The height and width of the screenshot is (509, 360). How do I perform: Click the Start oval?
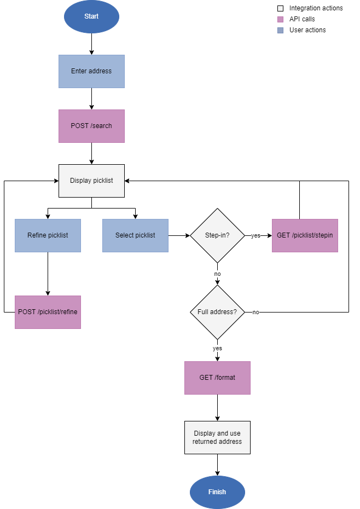point(91,16)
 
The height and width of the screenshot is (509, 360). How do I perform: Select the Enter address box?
point(91,71)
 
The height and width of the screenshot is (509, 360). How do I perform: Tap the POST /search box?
point(91,126)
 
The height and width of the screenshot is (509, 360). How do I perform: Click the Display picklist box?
point(91,181)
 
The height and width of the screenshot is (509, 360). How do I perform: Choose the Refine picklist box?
point(48,235)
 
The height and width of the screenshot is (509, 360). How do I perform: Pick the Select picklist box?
point(135,235)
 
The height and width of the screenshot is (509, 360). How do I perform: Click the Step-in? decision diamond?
point(217,235)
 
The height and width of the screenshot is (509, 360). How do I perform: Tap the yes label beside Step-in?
point(256,235)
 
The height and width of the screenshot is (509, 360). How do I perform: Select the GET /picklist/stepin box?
point(305,235)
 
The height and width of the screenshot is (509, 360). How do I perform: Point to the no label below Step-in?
point(217,274)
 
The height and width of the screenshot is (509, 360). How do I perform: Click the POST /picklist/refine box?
point(48,312)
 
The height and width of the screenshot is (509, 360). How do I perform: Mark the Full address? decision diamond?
point(217,312)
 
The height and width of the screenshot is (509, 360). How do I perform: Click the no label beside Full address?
point(256,312)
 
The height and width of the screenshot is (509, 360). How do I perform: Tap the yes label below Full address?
point(217,348)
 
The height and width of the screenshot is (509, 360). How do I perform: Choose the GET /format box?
point(217,378)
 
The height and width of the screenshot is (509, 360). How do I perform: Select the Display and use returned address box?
point(217,437)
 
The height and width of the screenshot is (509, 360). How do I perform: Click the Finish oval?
point(217,492)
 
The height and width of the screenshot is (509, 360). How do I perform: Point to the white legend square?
point(281,8)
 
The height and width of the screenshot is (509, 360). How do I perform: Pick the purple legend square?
point(281,19)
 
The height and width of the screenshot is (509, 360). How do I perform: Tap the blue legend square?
point(281,30)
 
